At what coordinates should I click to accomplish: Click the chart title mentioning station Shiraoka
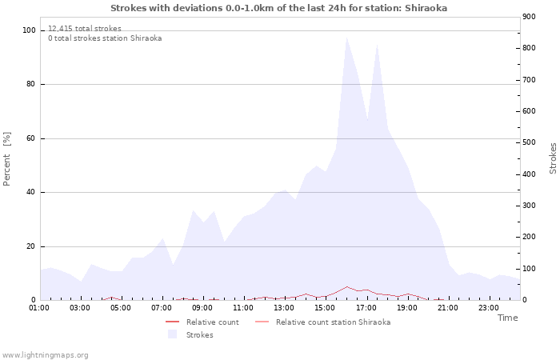point(279,8)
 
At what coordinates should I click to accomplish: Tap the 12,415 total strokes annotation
point(85,29)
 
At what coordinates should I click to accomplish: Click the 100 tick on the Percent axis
point(30,30)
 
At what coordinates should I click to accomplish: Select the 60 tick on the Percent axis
point(31,138)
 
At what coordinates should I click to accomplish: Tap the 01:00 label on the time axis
point(39,307)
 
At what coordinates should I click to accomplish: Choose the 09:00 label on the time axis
point(202,307)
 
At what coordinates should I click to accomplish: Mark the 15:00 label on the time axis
point(325,307)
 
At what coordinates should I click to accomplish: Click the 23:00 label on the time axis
point(488,307)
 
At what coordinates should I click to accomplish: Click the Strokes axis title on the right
point(553,158)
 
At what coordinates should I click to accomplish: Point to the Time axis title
point(507,318)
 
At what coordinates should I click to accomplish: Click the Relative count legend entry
point(212,322)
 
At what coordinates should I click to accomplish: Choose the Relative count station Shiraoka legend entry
point(333,322)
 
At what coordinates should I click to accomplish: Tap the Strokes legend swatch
point(172,334)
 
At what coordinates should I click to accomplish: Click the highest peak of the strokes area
point(346,37)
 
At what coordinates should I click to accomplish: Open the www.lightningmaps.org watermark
point(46,354)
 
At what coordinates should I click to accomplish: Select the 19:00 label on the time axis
point(406,307)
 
